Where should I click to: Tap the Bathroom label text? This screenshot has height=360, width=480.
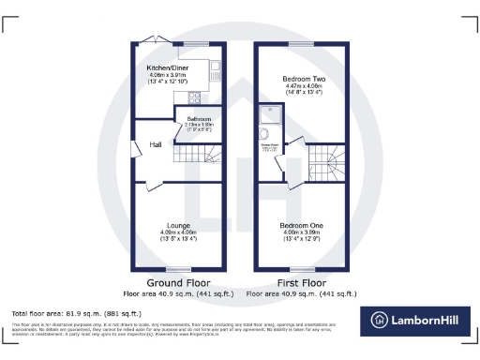[199, 118]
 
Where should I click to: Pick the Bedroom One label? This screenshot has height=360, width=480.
[303, 226]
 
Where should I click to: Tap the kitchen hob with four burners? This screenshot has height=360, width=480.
[196, 97]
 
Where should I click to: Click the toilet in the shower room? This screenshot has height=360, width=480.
[266, 134]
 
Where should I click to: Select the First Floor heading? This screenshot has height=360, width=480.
[303, 281]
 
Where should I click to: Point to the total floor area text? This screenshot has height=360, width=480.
[76, 313]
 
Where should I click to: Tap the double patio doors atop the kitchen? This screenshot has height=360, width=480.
[150, 39]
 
